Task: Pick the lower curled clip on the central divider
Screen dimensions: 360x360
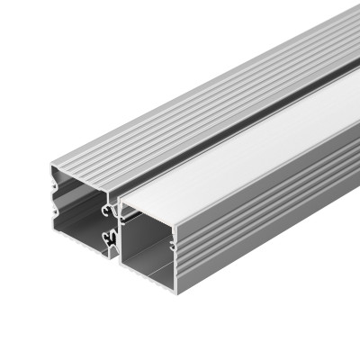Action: pyautogui.click(x=111, y=238)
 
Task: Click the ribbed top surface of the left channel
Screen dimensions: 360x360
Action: pyautogui.click(x=180, y=108)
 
